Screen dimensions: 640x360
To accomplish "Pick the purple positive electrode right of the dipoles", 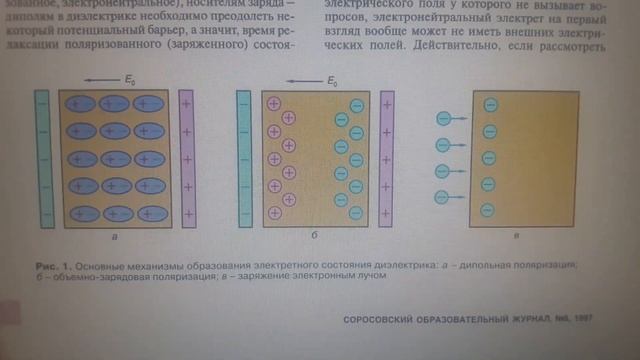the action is pos(188,157).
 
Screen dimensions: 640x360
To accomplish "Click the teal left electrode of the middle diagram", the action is pos(244,158).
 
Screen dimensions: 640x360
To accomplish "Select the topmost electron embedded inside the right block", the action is pos(489,104).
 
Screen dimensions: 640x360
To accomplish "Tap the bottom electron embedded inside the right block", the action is pos(489,210).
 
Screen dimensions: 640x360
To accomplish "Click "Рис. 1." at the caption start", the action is pos(52,265).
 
